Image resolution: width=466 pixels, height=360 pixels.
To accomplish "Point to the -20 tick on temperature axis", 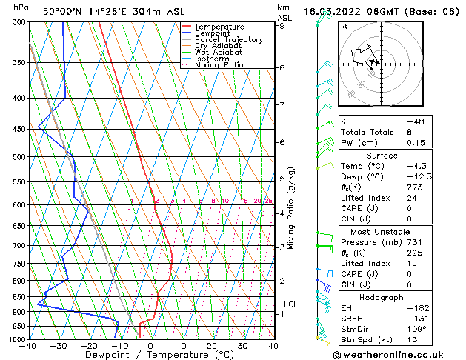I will pos(89,346).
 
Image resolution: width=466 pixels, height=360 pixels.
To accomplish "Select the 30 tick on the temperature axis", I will pos(242,346).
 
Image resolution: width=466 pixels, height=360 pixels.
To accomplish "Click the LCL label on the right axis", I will pos(291,304).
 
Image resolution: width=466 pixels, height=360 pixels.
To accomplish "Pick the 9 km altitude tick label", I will pos(282,25).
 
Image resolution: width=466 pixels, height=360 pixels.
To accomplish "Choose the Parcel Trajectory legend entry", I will pos(228,40).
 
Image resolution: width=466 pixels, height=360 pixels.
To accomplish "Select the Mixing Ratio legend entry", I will pos(219,65).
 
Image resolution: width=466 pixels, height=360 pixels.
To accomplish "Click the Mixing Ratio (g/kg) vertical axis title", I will pos(292,207).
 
